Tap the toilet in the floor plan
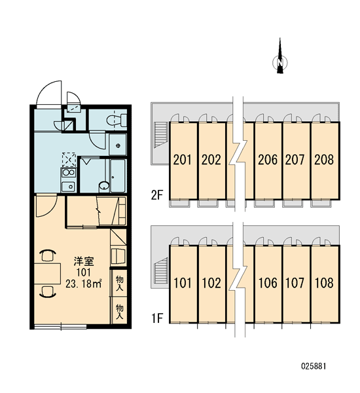click(117, 120)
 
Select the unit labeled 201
click(183, 160)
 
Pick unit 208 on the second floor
click(325, 160)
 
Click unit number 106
click(268, 283)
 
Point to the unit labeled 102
click(211, 283)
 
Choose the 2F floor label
click(157, 195)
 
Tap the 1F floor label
click(157, 318)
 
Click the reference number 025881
click(314, 366)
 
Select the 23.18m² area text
click(84, 284)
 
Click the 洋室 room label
click(84, 261)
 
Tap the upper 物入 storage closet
click(119, 283)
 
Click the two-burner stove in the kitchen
click(69, 173)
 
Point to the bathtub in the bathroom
click(118, 176)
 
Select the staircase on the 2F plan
click(160, 134)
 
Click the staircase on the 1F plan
click(160, 270)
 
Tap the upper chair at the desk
click(48, 255)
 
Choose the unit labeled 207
click(295, 160)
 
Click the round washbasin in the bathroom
click(104, 186)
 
